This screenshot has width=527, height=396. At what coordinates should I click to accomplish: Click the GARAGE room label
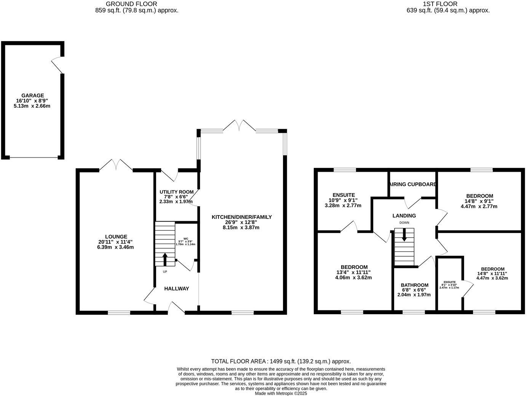pyautogui.click(x=32, y=96)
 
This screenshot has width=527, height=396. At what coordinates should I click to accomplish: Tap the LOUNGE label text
pyautogui.click(x=116, y=236)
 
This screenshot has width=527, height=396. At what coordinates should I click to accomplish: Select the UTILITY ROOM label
pyautogui.click(x=176, y=192)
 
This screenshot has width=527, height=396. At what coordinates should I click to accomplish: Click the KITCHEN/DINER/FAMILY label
pyautogui.click(x=242, y=217)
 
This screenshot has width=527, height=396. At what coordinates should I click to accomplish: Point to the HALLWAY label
pyautogui.click(x=176, y=289)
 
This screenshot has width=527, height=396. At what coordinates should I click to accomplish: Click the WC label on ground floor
pyautogui.click(x=186, y=239)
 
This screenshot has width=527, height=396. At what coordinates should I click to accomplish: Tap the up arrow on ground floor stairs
pyautogui.click(x=165, y=260)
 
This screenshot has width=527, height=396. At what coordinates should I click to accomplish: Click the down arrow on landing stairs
pyautogui.click(x=404, y=234)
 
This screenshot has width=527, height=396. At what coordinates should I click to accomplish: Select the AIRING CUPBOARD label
pyautogui.click(x=412, y=184)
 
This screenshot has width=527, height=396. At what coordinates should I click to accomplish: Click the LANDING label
pyautogui.click(x=404, y=216)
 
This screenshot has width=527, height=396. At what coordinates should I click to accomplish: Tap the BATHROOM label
pyautogui.click(x=414, y=285)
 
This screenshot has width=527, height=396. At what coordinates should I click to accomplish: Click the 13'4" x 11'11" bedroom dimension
pyautogui.click(x=354, y=272)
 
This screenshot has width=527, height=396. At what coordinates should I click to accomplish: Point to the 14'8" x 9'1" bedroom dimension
pyautogui.click(x=479, y=201)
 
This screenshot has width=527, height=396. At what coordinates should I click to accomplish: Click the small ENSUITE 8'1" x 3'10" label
pyautogui.click(x=449, y=282)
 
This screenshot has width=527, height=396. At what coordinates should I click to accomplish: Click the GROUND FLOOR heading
pyautogui.click(x=131, y=4)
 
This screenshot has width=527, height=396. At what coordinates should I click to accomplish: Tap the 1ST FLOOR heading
pyautogui.click(x=440, y=4)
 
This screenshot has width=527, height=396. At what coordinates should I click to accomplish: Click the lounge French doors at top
pyautogui.click(x=116, y=165)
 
